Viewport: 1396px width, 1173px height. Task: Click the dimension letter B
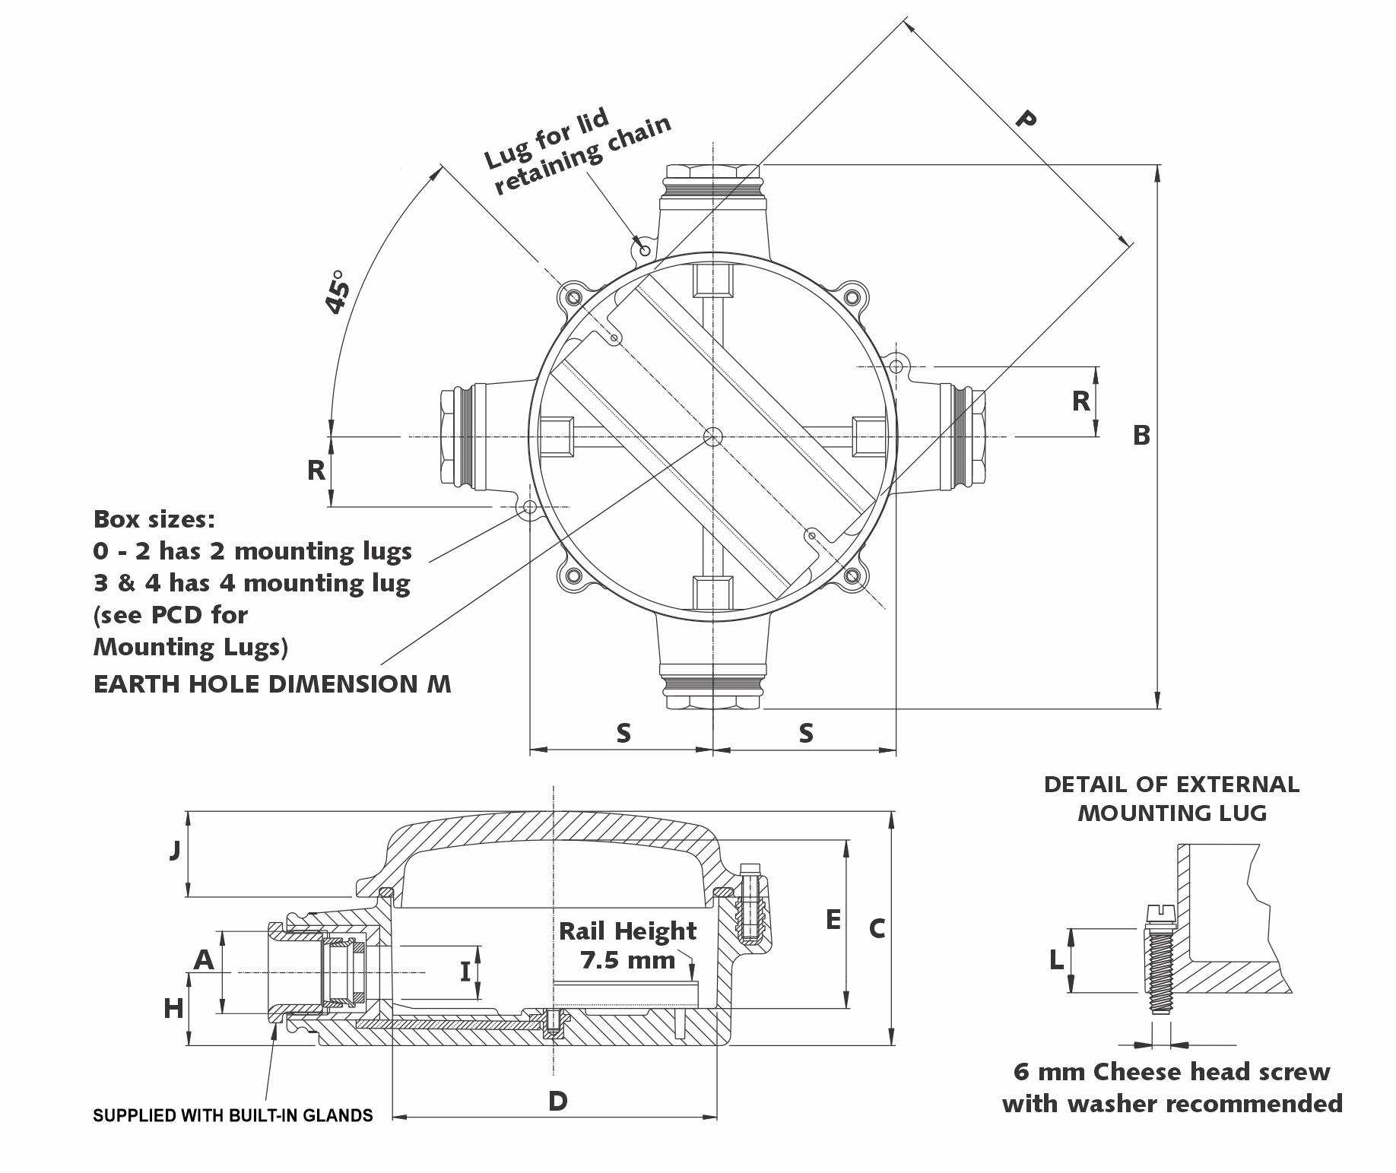1141,435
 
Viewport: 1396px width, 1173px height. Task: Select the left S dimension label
623,733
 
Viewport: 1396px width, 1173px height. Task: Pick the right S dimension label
806,733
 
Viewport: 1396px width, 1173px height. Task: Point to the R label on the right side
1080,401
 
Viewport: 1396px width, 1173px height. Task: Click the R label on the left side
316,471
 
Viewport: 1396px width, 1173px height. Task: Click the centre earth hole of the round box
713,436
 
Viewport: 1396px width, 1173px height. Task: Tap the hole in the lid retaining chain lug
643,249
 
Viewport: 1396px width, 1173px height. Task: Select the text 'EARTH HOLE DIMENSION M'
271,684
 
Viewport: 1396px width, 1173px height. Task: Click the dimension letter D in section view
557,1101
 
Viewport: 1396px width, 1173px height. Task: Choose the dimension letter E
833,920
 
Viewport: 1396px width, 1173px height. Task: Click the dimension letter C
877,928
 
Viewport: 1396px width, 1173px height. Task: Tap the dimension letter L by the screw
1056,961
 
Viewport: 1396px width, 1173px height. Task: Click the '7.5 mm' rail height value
628,960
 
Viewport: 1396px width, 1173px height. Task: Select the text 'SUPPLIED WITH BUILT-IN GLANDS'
233,1115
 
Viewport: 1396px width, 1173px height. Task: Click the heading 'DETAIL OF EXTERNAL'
1171,785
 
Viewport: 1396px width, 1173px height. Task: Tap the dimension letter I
465,972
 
